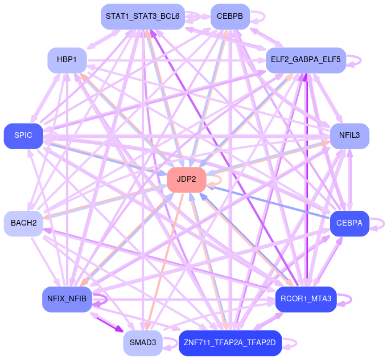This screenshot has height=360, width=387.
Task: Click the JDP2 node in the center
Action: pos(186,179)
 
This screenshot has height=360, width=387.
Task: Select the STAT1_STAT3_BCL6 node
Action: pos(142,17)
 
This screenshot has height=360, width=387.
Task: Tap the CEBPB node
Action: pos(230,17)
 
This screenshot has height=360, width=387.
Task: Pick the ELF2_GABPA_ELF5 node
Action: pos(306,60)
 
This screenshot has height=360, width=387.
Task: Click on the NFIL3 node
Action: pos(349,136)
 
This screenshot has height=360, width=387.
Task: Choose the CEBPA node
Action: pos(349,223)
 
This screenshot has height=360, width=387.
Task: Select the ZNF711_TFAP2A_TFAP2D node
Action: pos(230,343)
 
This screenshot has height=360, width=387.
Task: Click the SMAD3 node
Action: pos(142,343)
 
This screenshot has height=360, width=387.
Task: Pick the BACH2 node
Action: pos(23,223)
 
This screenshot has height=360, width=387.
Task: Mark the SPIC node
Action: pos(23,136)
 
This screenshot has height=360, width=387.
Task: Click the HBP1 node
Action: pos(67,60)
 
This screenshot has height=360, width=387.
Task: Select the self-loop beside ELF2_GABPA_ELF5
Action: pos(356,60)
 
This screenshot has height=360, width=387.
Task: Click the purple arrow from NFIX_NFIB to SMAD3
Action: pos(108,322)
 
